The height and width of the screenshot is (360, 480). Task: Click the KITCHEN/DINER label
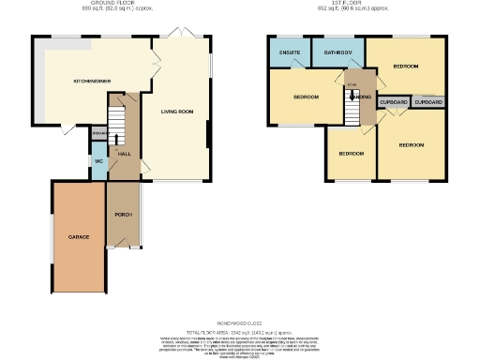[x=82, y=82]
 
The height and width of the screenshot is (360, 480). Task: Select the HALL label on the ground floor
[x=123, y=153]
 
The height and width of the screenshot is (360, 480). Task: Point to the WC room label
[x=98, y=161]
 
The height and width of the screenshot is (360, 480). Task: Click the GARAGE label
[x=79, y=237]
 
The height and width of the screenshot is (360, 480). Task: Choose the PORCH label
[x=122, y=215]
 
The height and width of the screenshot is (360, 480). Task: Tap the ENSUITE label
[x=289, y=52]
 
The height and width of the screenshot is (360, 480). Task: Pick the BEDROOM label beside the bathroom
[x=406, y=67]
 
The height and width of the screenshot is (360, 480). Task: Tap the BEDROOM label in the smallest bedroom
[x=351, y=153]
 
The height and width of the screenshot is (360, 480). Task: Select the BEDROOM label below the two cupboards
[x=412, y=145]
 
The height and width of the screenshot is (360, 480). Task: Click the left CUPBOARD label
[x=393, y=101]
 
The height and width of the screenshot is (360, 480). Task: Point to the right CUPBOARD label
[x=427, y=101]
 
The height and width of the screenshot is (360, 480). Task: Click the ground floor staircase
[x=117, y=119]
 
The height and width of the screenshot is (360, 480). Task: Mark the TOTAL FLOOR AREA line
[x=240, y=332]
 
